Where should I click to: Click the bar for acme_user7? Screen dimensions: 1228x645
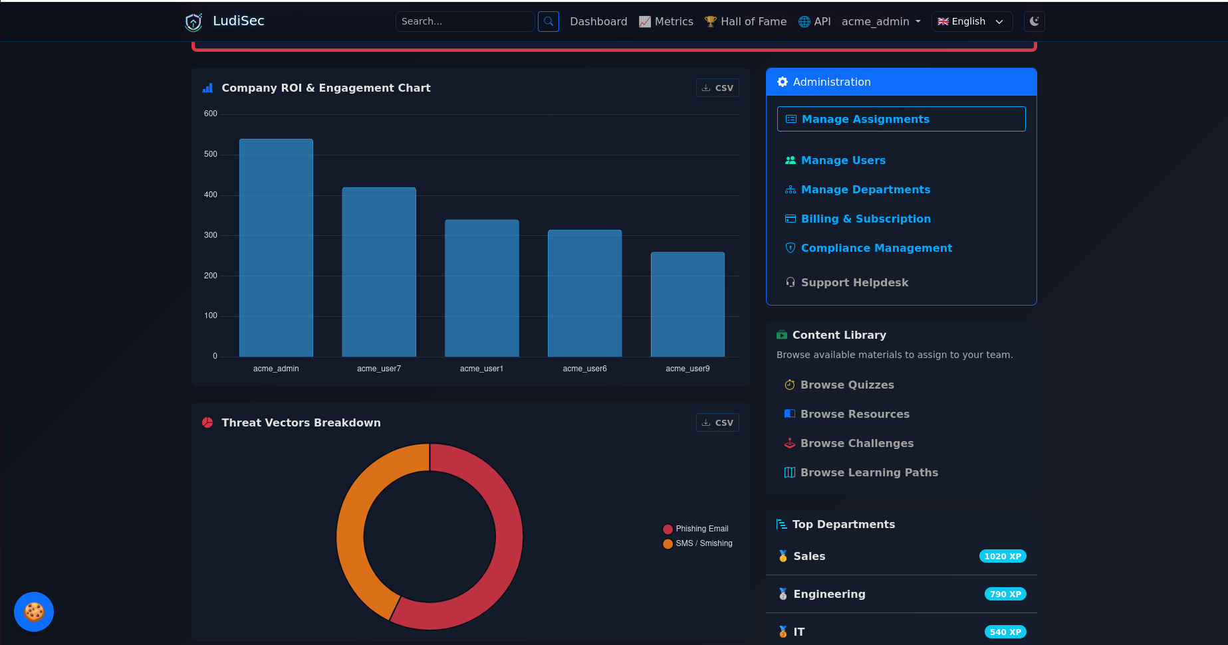[x=379, y=272]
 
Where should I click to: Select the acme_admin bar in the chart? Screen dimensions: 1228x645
[x=276, y=248]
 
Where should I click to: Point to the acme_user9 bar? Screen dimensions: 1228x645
[x=687, y=304]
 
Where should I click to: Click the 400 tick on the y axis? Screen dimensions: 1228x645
[x=211, y=195]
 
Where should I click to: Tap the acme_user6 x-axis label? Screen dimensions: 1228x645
[x=584, y=369]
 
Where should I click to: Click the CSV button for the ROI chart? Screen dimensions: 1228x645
[x=717, y=88]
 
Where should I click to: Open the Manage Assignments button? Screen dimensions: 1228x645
[x=901, y=119]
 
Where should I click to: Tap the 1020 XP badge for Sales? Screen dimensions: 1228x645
[x=1003, y=557]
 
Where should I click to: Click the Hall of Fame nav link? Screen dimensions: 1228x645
[x=745, y=21]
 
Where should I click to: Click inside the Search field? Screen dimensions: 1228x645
[x=465, y=21]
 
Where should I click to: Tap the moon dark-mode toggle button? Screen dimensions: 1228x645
[x=1034, y=21]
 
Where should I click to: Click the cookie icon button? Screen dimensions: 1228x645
[x=34, y=612]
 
